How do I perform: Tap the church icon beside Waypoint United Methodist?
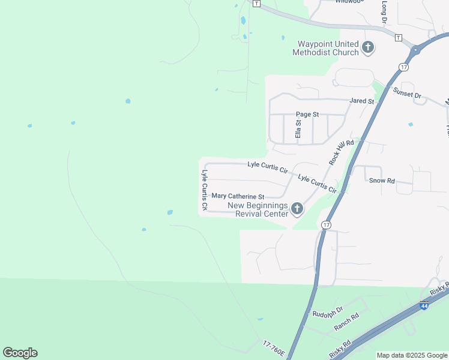[x=368, y=47]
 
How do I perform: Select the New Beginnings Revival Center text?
[x=257, y=209]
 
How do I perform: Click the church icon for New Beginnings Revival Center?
[x=297, y=209]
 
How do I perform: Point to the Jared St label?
[x=362, y=101]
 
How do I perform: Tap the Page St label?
[x=307, y=114]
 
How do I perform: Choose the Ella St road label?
[x=298, y=128]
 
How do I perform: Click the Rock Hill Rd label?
[x=342, y=151]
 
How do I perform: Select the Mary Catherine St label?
[x=238, y=196]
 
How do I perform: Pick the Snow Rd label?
[x=382, y=180]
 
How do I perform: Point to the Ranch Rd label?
[x=346, y=323]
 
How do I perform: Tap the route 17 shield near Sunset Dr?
[x=403, y=66]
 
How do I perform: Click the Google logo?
[x=20, y=353]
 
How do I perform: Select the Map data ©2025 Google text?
[x=411, y=355]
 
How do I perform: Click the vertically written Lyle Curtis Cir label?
[x=205, y=190]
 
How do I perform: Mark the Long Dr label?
[x=384, y=13]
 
